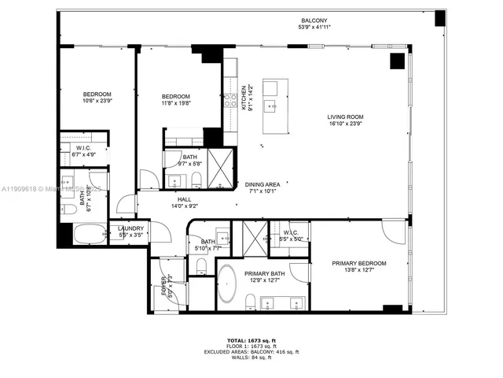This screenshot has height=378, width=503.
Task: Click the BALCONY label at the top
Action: pyautogui.click(x=312, y=20)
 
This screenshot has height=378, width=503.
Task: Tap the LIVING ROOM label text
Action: pyautogui.click(x=345, y=117)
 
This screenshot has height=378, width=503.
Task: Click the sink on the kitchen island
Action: pyautogui.click(x=271, y=105)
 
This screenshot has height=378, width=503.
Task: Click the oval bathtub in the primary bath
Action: pyautogui.click(x=228, y=283)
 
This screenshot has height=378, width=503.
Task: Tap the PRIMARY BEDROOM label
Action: pyautogui.click(x=358, y=264)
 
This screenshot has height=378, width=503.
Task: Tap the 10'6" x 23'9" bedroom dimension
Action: pyautogui.click(x=98, y=100)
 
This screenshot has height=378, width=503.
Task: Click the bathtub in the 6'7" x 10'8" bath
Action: pyautogui.click(x=87, y=235)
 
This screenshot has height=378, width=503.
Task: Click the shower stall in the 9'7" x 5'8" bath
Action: pyautogui.click(x=221, y=169)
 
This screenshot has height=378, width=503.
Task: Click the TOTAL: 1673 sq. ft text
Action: pyautogui.click(x=251, y=341)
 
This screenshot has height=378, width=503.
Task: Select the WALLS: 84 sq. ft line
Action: pyautogui.click(x=251, y=358)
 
